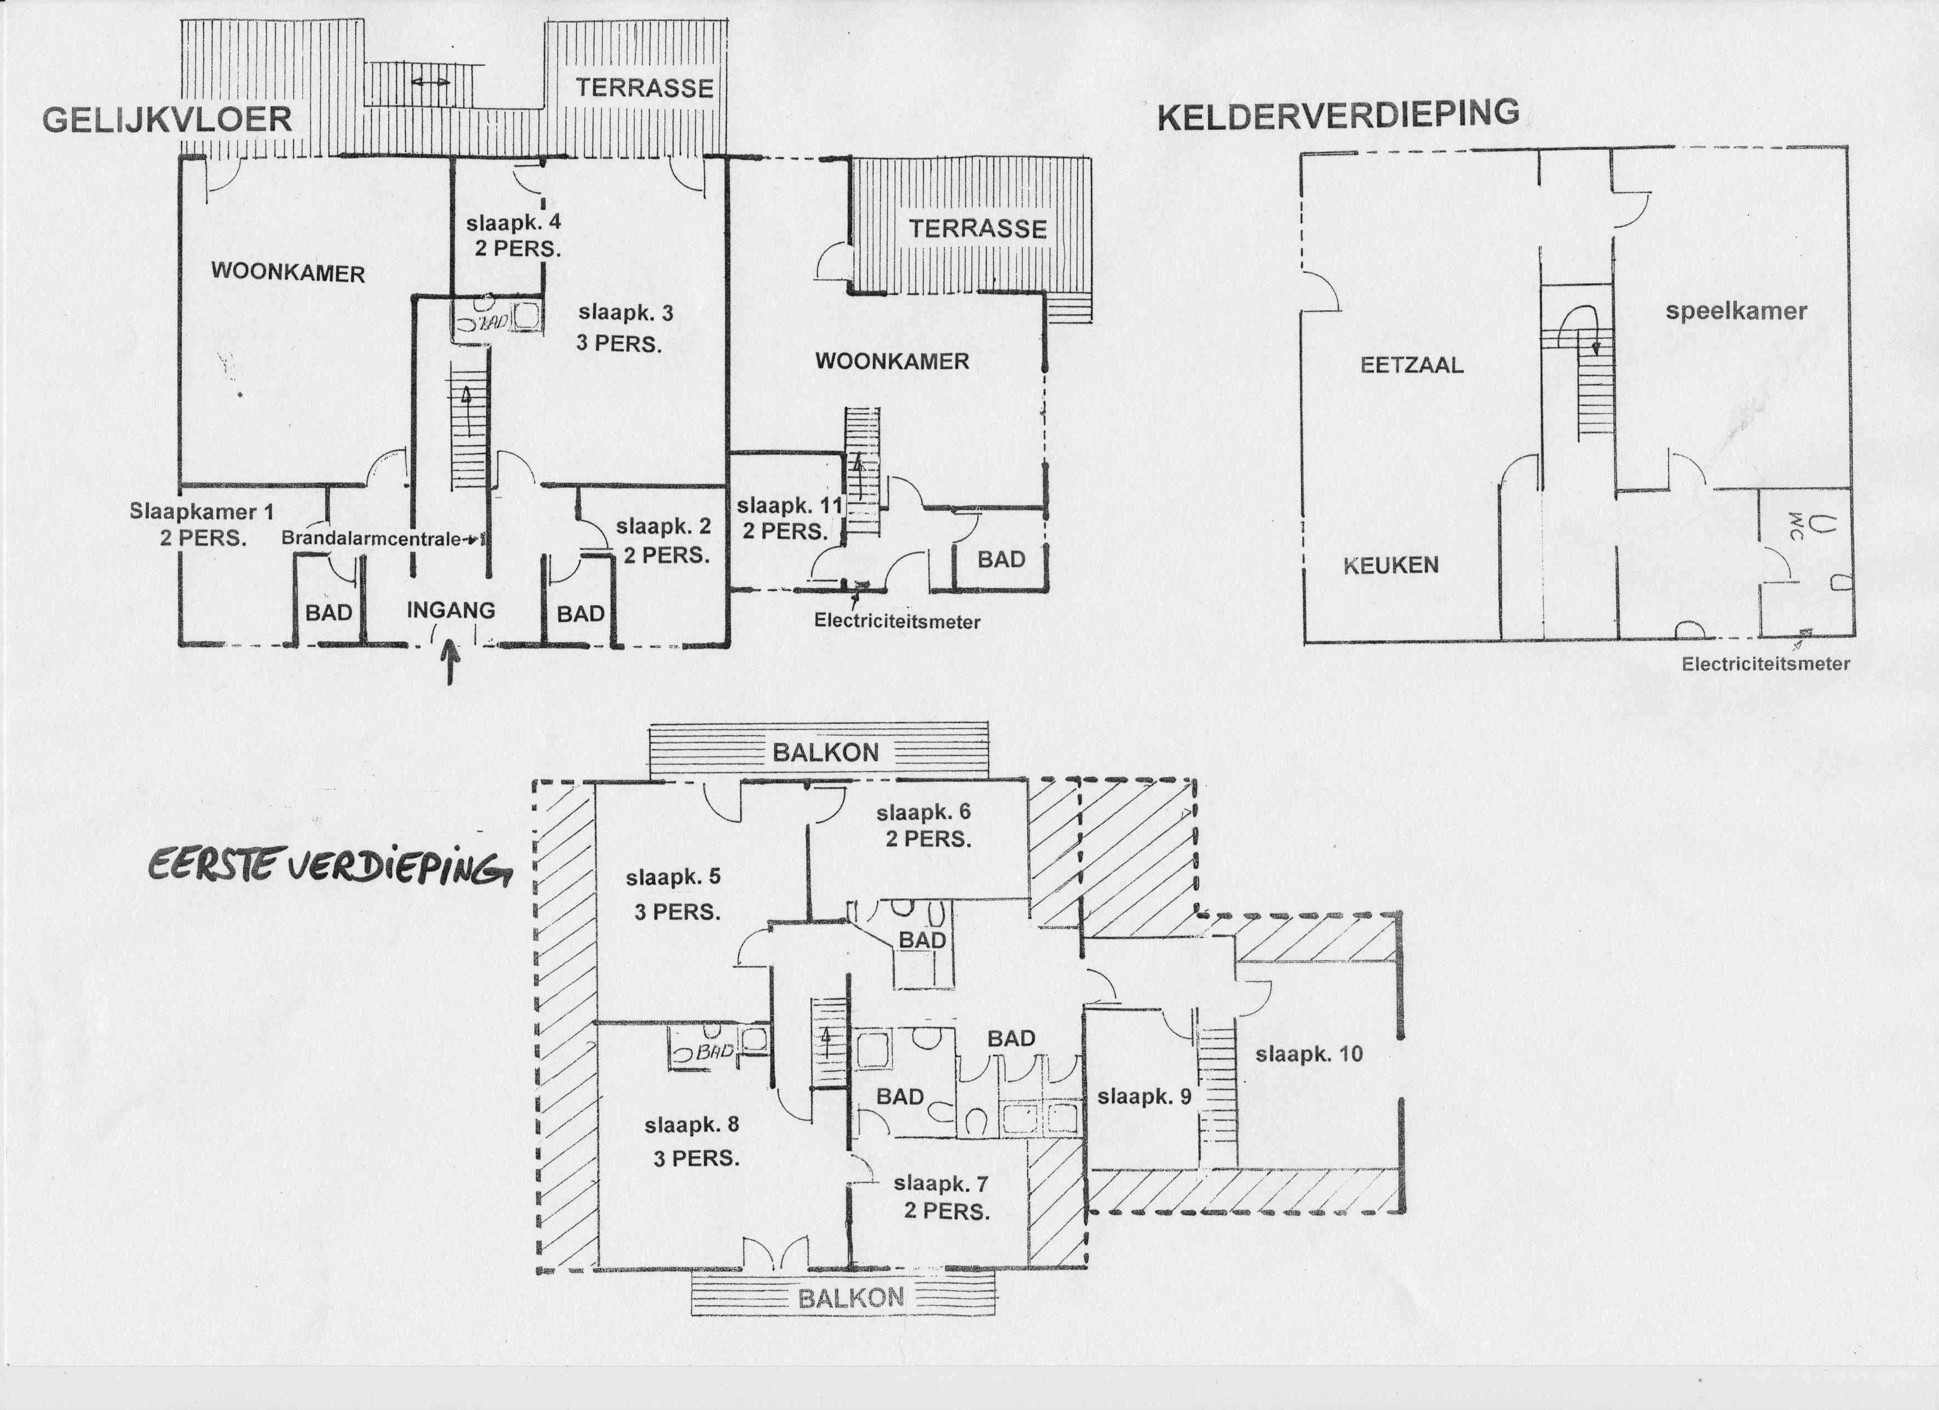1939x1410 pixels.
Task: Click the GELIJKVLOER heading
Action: tap(168, 119)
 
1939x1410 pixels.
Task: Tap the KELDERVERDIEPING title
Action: tap(1339, 116)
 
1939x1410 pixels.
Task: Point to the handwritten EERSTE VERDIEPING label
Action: tap(329, 867)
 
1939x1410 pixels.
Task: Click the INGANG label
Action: tap(451, 610)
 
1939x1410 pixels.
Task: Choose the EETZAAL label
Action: tap(1412, 365)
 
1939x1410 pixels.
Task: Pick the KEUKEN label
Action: tap(1391, 565)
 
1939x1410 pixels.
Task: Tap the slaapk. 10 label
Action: tap(1309, 1054)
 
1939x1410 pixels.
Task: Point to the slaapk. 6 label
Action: tap(923, 812)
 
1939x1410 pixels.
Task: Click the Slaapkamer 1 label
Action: tap(202, 511)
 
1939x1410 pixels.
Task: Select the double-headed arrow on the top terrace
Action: tap(430, 82)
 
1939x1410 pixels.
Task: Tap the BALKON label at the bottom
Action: tap(851, 1298)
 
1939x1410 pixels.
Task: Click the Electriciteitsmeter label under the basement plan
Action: tap(1765, 664)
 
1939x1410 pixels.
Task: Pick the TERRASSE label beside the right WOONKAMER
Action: tap(978, 229)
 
